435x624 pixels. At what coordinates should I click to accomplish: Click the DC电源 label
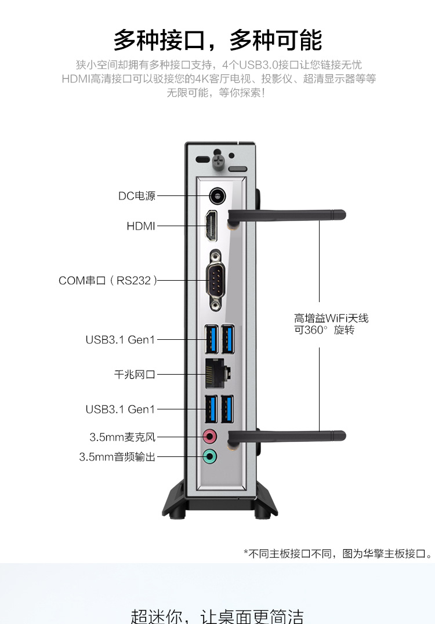tap(137, 196)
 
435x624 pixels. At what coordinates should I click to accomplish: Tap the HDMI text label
tap(141, 226)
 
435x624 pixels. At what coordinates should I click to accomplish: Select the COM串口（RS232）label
tap(108, 281)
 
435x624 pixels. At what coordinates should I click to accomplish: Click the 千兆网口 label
tap(135, 375)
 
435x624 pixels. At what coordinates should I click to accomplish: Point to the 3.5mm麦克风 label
tap(122, 437)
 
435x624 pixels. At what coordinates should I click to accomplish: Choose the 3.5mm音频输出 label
tap(117, 457)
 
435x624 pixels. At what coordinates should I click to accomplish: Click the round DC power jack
tap(217, 195)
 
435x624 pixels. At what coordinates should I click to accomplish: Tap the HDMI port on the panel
tap(211, 227)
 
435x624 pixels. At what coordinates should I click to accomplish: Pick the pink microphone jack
tap(210, 436)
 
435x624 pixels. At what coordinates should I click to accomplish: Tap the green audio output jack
tap(210, 456)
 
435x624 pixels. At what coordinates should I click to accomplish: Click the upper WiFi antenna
tap(290, 215)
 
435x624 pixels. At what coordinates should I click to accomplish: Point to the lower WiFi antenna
tap(290, 436)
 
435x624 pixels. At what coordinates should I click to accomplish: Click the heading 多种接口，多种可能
tap(217, 40)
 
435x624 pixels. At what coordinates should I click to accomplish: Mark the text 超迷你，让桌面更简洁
tap(217, 614)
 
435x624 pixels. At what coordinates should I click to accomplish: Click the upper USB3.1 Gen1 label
tap(121, 340)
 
